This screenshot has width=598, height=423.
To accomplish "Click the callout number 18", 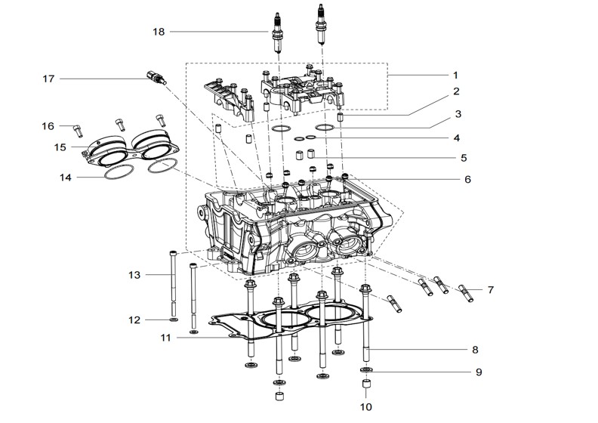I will [x=158, y=32].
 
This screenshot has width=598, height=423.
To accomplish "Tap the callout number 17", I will [x=48, y=78].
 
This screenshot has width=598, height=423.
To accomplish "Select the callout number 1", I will [x=455, y=76].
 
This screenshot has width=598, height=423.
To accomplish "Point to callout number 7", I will [x=490, y=289].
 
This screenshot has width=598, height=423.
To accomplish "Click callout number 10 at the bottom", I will [x=365, y=406].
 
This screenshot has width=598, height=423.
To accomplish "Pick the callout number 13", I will [x=134, y=275].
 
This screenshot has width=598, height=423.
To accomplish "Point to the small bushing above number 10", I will [x=365, y=387].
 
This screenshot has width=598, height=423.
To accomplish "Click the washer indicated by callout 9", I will [x=365, y=370].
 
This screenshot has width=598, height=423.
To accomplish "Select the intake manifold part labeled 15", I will [x=132, y=150].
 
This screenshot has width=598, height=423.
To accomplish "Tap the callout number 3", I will [x=456, y=115].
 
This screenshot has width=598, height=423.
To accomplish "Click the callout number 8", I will [x=475, y=350].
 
